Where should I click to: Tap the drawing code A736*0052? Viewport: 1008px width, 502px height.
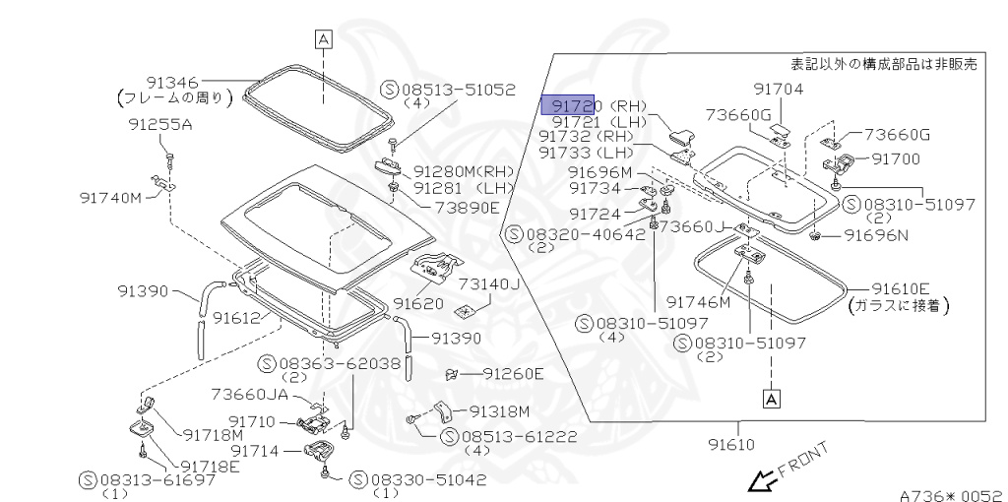(950, 495)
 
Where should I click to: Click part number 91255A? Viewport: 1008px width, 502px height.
(160, 125)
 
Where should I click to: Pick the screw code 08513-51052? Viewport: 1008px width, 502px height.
(457, 89)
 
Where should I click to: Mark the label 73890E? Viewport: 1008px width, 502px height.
(467, 207)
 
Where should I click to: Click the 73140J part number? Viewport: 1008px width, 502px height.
(487, 284)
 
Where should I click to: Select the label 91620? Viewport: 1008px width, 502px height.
(418, 303)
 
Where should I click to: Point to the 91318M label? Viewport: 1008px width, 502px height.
(499, 411)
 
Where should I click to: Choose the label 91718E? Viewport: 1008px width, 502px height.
(208, 466)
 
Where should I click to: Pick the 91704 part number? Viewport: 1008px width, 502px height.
(779, 90)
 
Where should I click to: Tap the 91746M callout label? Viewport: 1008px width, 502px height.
(698, 302)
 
